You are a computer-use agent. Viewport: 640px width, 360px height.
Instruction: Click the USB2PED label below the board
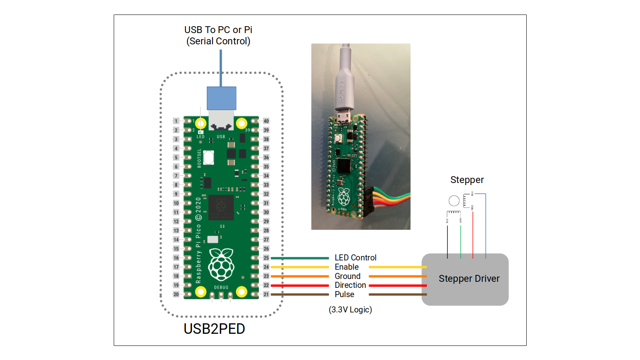(x=214, y=329)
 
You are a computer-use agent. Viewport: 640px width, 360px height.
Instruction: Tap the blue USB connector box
(x=221, y=98)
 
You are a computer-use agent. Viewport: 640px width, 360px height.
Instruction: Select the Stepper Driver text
(x=469, y=279)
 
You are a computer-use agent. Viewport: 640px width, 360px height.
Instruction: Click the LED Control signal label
(x=355, y=258)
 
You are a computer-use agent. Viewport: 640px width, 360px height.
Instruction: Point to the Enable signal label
(x=346, y=267)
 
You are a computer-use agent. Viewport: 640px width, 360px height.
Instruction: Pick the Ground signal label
(x=347, y=276)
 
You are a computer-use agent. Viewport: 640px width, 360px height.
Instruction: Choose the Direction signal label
(x=350, y=285)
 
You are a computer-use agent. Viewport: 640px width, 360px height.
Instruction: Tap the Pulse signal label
(x=344, y=294)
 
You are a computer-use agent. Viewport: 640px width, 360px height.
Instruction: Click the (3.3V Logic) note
(x=350, y=310)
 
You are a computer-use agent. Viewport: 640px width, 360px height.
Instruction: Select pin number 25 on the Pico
(x=266, y=258)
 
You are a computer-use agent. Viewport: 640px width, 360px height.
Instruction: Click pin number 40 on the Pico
(x=266, y=121)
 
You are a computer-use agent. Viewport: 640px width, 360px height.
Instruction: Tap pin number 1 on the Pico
(x=176, y=121)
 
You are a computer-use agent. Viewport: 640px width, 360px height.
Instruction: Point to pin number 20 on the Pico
(x=176, y=294)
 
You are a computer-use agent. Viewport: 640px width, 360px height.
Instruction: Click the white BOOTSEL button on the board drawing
(x=208, y=158)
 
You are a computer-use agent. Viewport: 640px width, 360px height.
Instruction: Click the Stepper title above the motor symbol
(x=467, y=180)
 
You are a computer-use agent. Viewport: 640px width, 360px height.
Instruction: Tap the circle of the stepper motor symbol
(x=454, y=200)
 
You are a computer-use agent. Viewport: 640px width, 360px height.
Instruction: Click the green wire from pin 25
(x=300, y=258)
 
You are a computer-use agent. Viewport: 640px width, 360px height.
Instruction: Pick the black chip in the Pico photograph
(x=344, y=166)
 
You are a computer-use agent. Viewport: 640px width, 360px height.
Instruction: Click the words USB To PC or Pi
(x=218, y=30)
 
